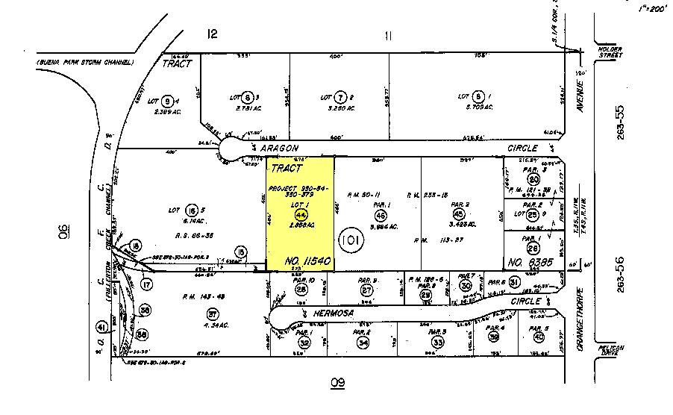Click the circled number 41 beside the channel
(x=100, y=326)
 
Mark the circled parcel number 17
(x=147, y=284)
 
